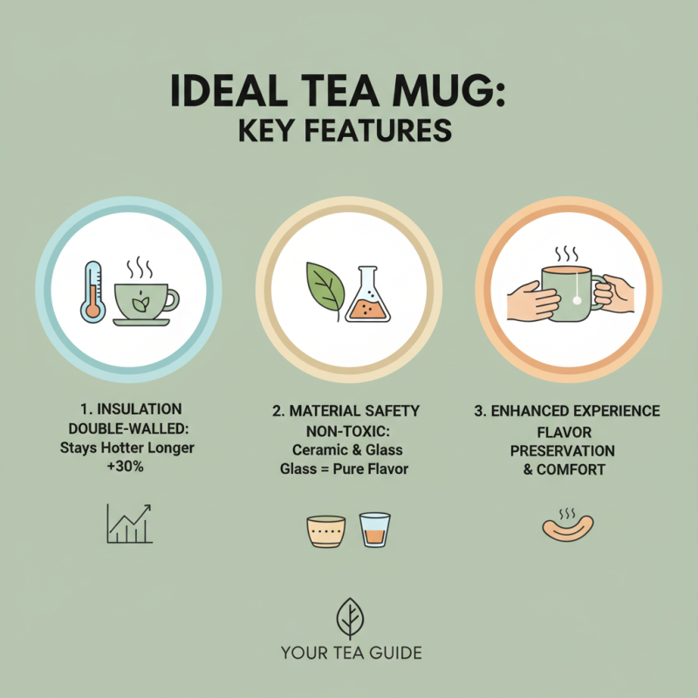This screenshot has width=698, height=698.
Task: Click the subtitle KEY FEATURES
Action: (x=349, y=131)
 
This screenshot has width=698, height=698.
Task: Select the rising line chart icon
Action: (x=129, y=523)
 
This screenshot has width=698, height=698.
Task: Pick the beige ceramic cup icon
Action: (x=326, y=530)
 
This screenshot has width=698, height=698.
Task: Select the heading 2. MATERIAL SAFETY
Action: (x=350, y=410)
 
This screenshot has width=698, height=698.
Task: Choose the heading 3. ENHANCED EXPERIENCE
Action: (x=567, y=410)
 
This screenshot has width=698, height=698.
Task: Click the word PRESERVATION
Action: (x=563, y=450)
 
